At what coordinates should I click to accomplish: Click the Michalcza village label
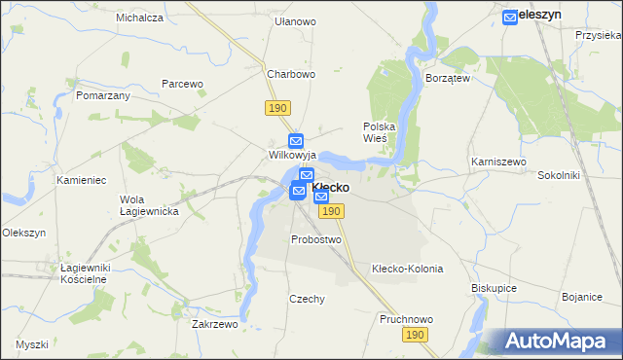[138, 18]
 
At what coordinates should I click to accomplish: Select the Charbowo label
[291, 74]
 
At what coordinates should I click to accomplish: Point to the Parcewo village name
[182, 84]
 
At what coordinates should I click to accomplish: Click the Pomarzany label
[103, 97]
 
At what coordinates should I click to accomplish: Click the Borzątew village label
[448, 78]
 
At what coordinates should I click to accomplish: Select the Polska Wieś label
[378, 132]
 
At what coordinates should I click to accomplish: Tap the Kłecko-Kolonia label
[408, 269]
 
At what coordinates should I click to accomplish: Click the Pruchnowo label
[406, 319]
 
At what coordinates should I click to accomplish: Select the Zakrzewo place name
[215, 325]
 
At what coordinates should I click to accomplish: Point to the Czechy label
[307, 300]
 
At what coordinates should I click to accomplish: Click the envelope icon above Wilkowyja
[297, 141]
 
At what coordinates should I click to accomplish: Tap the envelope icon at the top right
[510, 17]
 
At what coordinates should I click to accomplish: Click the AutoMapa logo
[557, 342]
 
